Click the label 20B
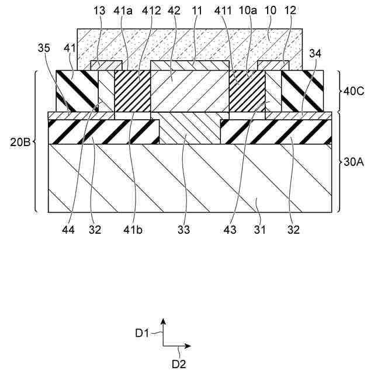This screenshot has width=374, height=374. coord(18,141)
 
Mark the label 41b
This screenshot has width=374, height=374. coord(134,230)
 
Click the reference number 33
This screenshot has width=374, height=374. coord(184,230)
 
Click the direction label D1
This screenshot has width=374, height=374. coord(142,333)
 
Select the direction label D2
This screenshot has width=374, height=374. coord(179,363)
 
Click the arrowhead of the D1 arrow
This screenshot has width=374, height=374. coord(164,321)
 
